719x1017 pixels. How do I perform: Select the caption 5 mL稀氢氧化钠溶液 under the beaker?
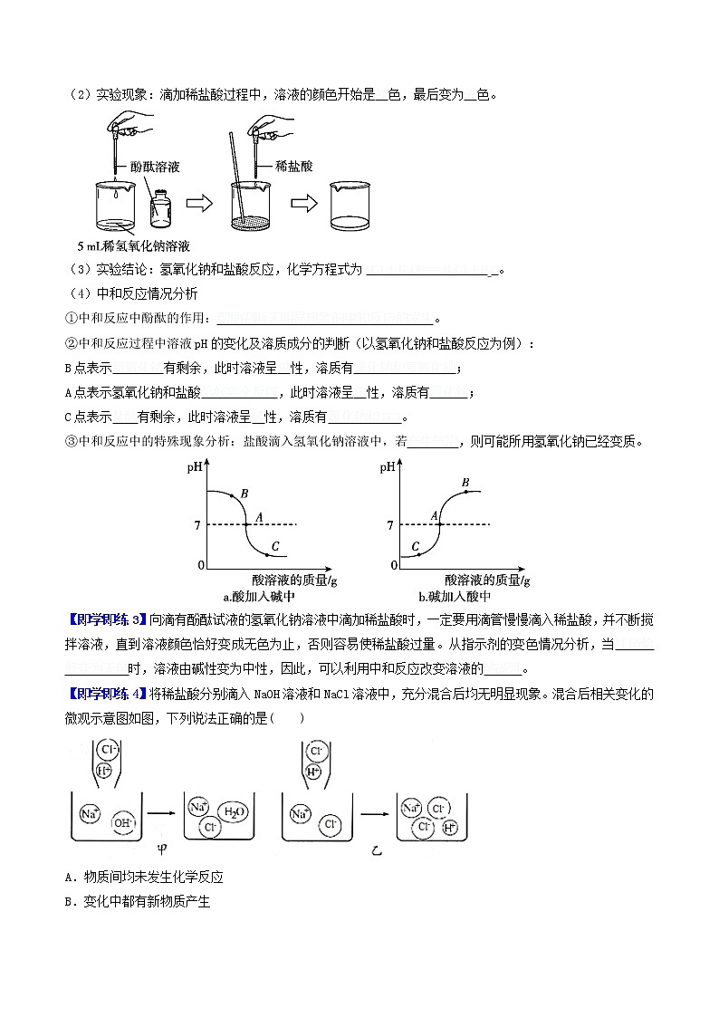(x=133, y=245)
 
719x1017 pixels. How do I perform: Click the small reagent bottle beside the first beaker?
(x=163, y=209)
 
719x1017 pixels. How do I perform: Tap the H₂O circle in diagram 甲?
(x=231, y=813)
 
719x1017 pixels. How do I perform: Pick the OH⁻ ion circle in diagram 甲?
(x=120, y=823)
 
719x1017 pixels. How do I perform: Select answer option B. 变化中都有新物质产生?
(x=137, y=902)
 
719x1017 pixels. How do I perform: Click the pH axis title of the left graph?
(x=196, y=468)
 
